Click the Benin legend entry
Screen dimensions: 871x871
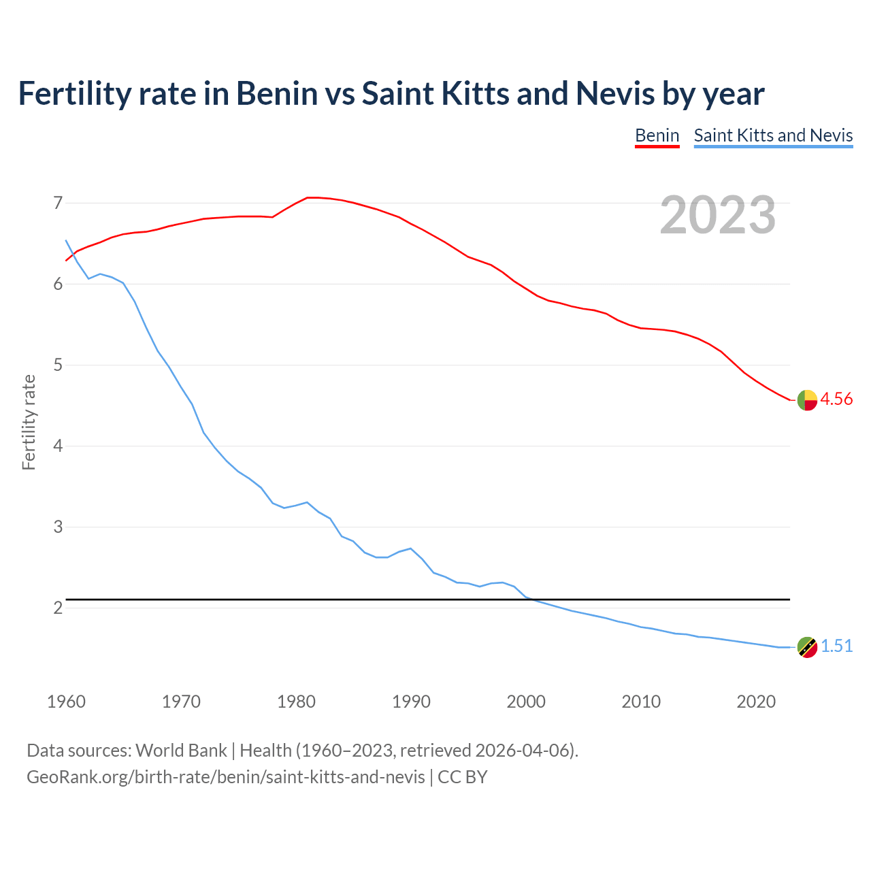coord(657,135)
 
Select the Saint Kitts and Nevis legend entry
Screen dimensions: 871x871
coord(773,135)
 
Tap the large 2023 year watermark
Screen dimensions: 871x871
coord(717,215)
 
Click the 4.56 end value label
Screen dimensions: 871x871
coord(836,399)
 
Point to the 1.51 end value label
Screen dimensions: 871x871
coord(836,646)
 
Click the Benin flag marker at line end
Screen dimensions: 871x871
coord(807,400)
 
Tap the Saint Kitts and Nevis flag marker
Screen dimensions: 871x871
coord(807,647)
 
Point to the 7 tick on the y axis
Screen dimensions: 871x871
coord(58,203)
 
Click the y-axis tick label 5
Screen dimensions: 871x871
coord(58,365)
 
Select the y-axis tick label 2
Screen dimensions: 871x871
coord(58,608)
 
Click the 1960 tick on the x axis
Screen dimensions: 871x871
coord(66,702)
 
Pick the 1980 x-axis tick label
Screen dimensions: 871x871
coord(296,702)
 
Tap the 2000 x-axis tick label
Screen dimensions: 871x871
coord(526,702)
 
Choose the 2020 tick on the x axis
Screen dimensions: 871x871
coord(756,702)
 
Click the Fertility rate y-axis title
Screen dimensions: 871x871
coord(29,422)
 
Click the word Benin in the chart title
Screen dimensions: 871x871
coord(276,94)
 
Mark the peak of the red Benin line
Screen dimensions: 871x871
coord(312,197)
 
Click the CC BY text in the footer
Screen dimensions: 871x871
coord(463,777)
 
